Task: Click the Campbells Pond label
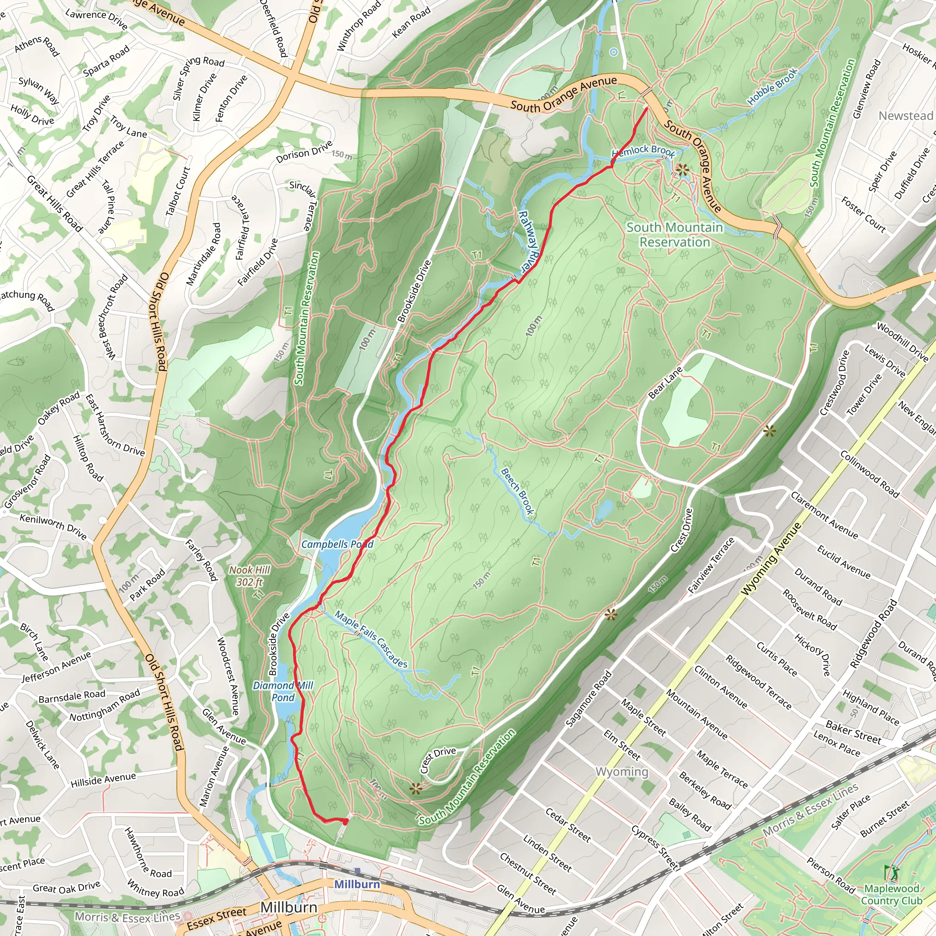[x=337, y=544]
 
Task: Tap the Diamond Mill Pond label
[x=283, y=691]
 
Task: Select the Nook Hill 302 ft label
[x=250, y=576]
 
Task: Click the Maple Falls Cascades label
[x=371, y=640]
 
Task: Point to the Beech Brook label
[x=517, y=491]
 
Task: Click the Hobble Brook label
[x=772, y=87]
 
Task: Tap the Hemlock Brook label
[x=643, y=151]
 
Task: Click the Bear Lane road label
[x=665, y=383]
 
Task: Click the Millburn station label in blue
[x=357, y=884]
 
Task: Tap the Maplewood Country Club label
[x=891, y=894]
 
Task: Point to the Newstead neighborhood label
[x=905, y=116]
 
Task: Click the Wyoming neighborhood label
[x=622, y=771]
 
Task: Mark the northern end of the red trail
[x=647, y=108]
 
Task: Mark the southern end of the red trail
[x=346, y=822]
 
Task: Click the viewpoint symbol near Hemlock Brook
[x=682, y=170]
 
